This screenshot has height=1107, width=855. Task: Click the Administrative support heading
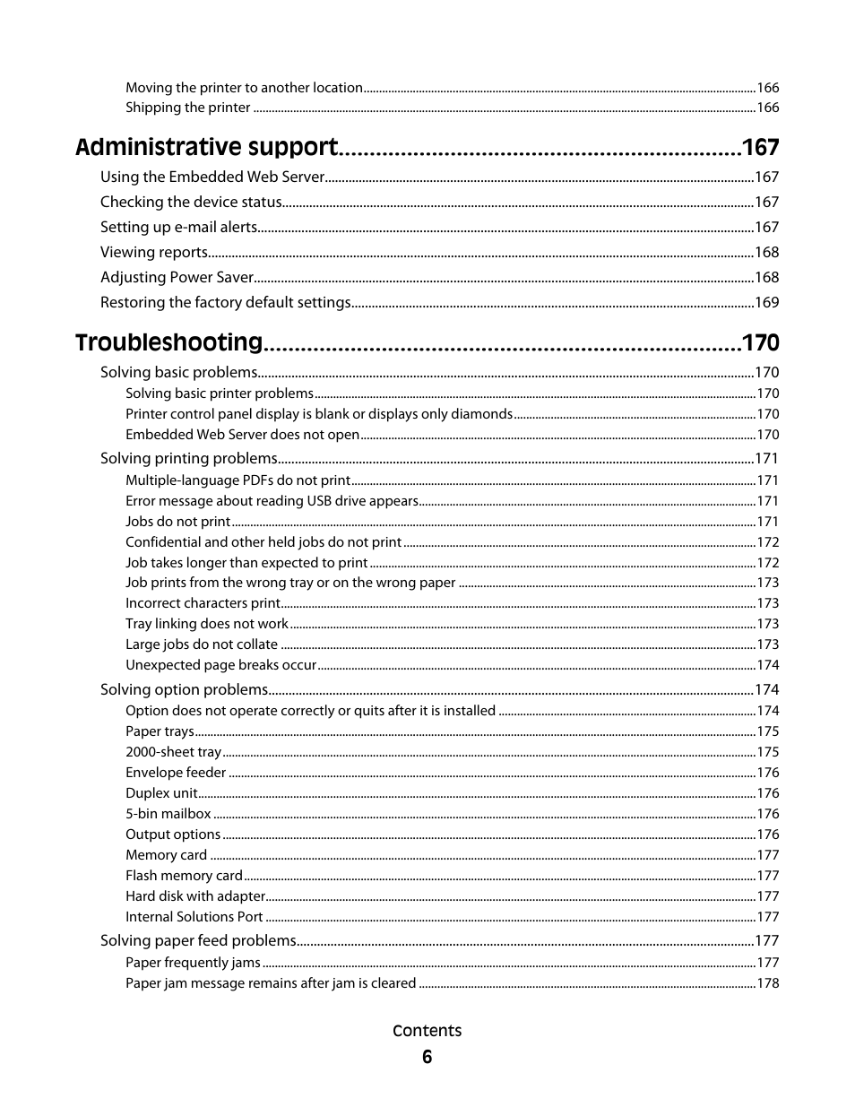206,148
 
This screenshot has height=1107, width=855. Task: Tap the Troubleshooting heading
168,342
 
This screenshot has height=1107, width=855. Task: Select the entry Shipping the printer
187,108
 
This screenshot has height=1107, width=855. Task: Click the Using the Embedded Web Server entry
212,177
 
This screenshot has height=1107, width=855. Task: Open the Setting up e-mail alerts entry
178,228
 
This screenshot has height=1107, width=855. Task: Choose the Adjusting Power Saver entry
177,278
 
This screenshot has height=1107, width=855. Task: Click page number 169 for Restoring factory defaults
766,303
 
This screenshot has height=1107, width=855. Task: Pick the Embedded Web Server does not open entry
242,435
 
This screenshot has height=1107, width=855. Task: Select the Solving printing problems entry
188,459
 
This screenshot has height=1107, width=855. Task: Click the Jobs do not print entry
177,522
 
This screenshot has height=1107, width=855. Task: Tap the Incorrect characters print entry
203,603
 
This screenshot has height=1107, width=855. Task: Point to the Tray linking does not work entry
206,624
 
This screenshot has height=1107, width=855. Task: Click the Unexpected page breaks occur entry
220,665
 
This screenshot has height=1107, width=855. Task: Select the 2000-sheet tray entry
173,752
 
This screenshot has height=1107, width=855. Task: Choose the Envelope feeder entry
176,773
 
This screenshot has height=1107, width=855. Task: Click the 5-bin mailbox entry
168,814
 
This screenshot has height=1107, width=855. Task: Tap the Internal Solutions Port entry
194,917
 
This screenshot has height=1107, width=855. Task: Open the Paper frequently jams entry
193,963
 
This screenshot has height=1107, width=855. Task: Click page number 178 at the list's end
767,983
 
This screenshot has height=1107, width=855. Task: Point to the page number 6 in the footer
427,1057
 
